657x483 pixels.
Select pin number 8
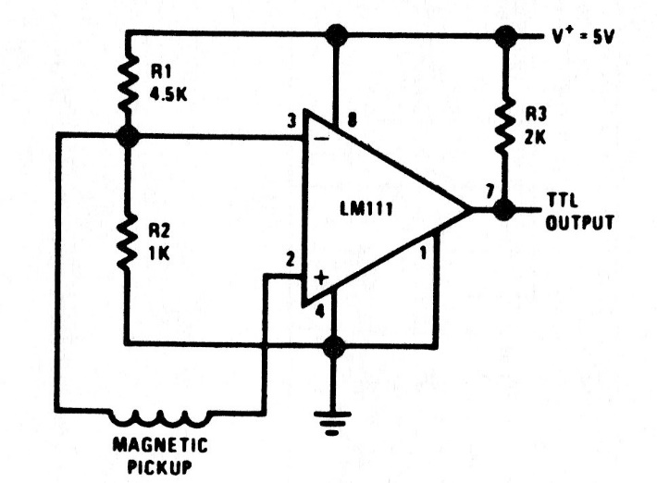[353, 118]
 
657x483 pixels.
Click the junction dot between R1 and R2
[128, 137]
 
